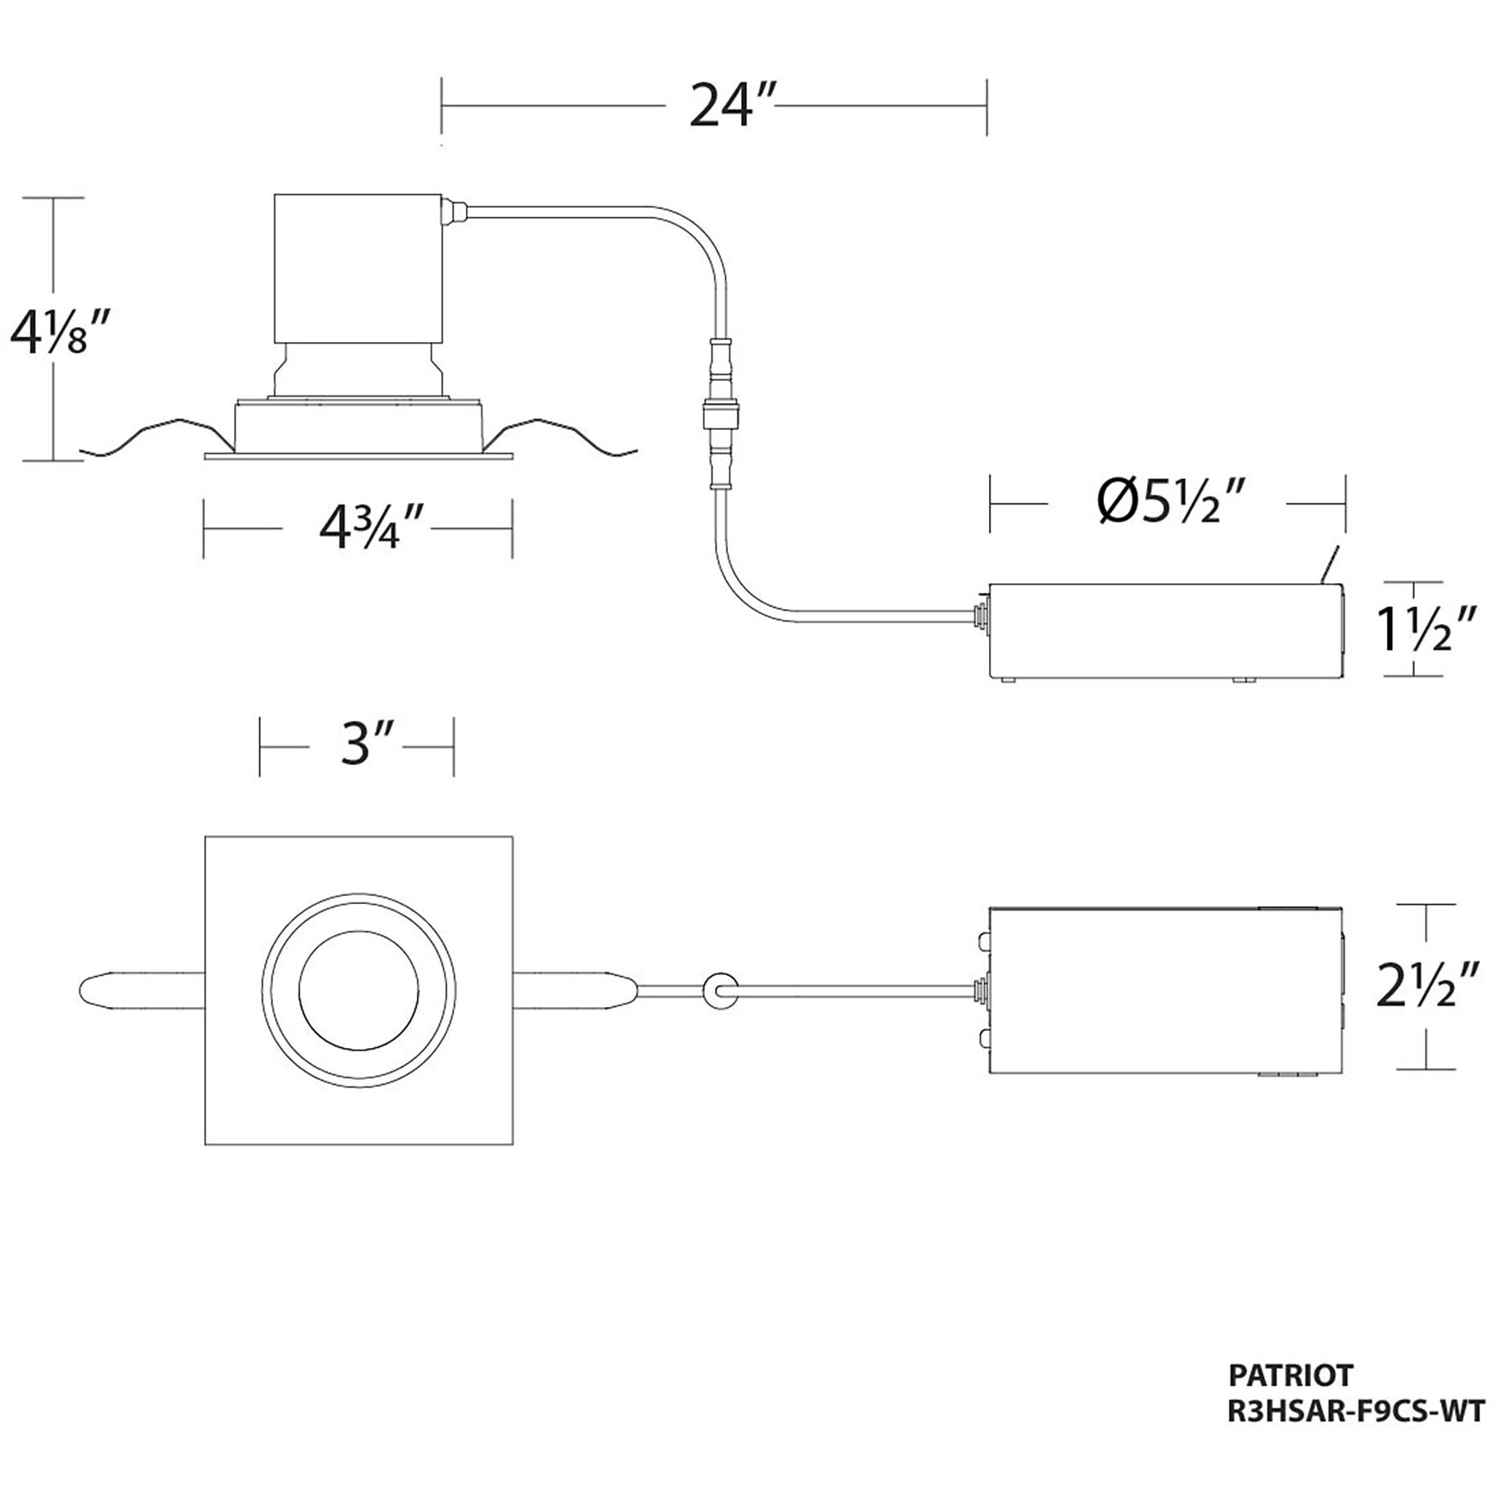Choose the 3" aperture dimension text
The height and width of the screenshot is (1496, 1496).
357,746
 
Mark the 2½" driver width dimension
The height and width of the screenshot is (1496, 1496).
1428,985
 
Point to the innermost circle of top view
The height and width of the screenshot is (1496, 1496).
359,990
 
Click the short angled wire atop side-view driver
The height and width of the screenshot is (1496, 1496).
1331,565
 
